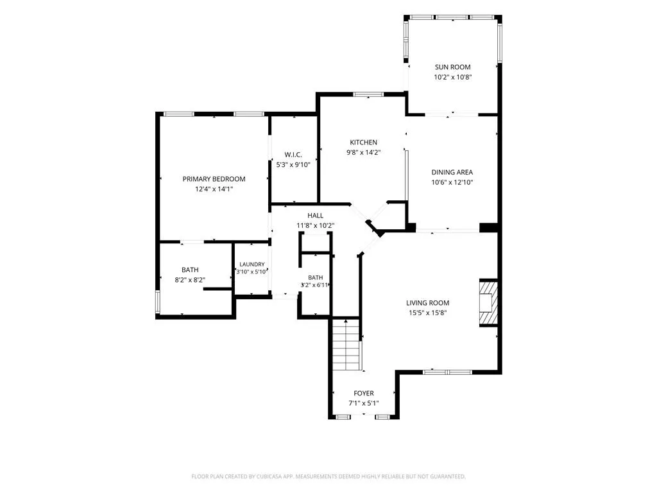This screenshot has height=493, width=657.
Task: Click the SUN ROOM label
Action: (452, 67)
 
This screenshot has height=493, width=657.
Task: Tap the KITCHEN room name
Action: (363, 143)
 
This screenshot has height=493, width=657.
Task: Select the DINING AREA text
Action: (452, 172)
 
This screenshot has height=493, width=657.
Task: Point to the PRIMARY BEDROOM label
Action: (214, 179)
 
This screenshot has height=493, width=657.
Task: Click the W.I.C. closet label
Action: (293, 155)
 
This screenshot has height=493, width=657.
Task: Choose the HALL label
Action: (316, 216)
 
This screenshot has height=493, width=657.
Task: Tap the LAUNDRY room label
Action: (252, 264)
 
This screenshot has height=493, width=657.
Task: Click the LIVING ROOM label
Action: (427, 303)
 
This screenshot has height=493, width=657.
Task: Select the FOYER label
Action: (364, 394)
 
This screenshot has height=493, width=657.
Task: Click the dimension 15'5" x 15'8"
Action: (427, 313)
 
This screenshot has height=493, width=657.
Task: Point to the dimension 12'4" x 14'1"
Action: (214, 189)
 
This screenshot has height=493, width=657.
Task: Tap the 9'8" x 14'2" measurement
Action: (363, 153)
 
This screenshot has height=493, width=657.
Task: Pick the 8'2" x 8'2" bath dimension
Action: (190, 280)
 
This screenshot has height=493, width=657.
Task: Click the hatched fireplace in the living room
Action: (488, 303)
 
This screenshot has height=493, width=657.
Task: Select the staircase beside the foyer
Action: (346, 345)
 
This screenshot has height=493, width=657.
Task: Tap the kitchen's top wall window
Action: (368, 94)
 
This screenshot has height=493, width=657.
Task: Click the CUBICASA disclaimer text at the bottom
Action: (328, 477)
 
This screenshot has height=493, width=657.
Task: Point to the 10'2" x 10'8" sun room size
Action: (452, 77)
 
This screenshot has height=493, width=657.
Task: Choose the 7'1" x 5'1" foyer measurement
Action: (364, 403)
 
